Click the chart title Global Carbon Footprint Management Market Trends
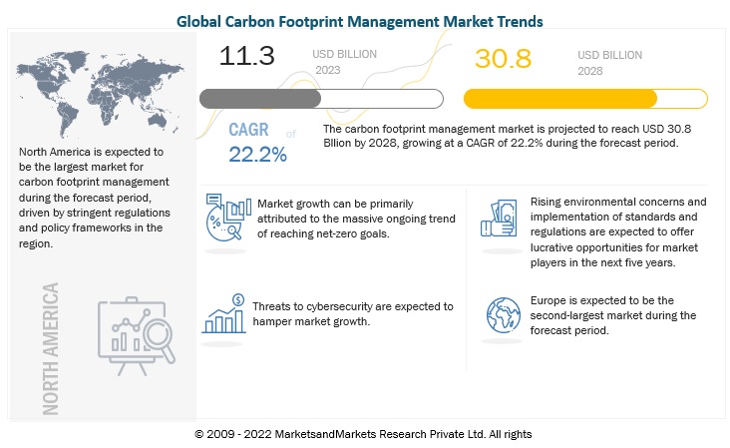pyautogui.click(x=364, y=18)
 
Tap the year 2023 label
pyautogui.click(x=328, y=71)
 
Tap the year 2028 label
pyautogui.click(x=590, y=72)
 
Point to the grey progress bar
pyautogui.click(x=321, y=99)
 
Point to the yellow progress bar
pyautogui.click(x=585, y=99)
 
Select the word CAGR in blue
pyautogui.click(x=249, y=130)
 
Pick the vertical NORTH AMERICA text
pyautogui.click(x=51, y=346)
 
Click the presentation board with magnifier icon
pyautogui.click(x=137, y=335)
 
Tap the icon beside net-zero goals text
pyautogui.click(x=227, y=218)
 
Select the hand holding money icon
pyautogui.click(x=501, y=219)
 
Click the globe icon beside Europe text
pyautogui.click(x=502, y=313)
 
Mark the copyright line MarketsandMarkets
pyautogui.click(x=364, y=434)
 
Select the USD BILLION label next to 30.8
pyautogui.click(x=609, y=55)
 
